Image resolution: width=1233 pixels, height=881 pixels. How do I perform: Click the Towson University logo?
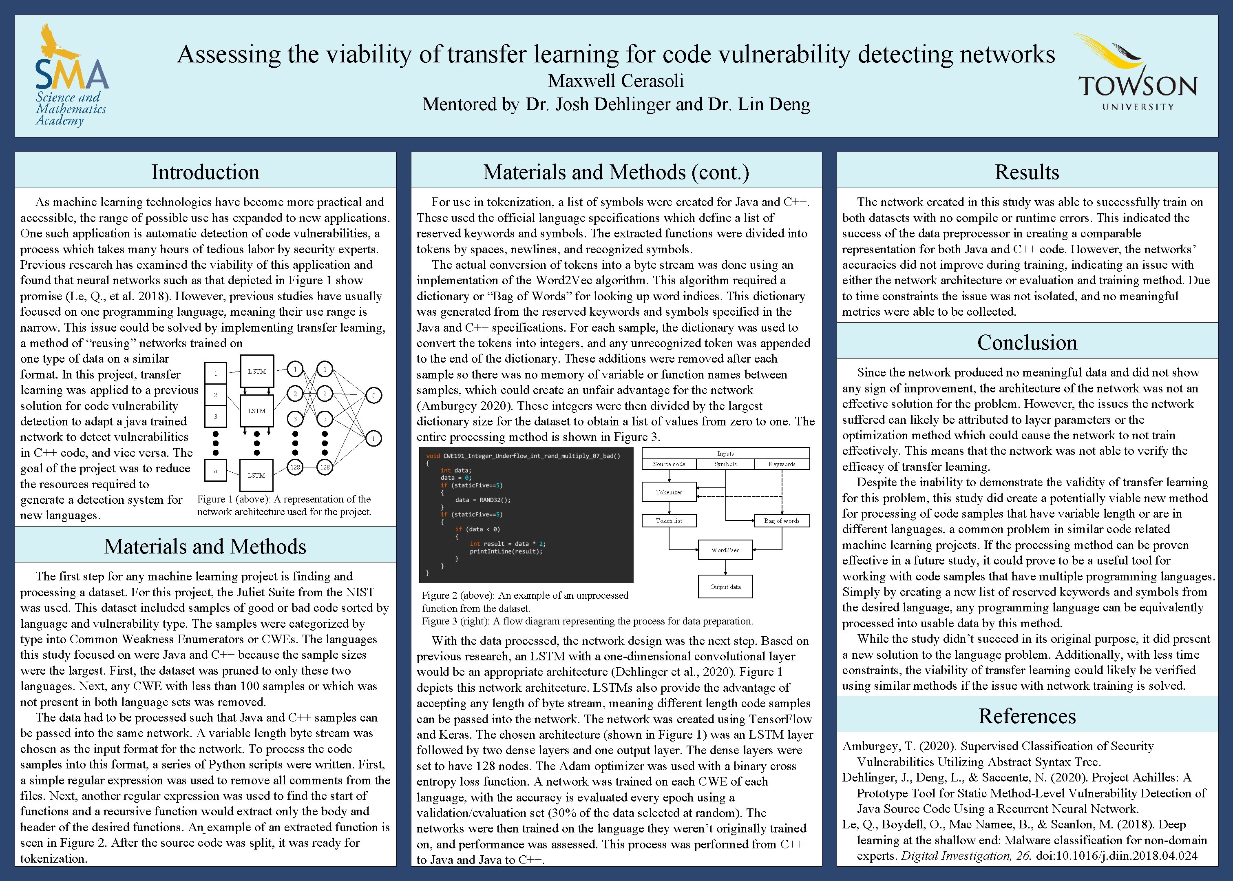coord(1137,73)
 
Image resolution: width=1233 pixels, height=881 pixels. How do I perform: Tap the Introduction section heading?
coord(205,172)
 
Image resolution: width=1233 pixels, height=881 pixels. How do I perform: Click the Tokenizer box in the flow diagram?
coord(669,492)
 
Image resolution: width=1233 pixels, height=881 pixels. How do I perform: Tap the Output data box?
coord(725,587)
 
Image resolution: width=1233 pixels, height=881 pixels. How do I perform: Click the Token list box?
coord(669,521)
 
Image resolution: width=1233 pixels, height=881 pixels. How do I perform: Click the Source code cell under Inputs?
coord(669,465)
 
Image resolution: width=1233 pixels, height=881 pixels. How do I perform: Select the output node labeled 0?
coord(373,396)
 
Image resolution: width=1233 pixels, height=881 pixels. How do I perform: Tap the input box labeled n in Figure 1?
coord(215,470)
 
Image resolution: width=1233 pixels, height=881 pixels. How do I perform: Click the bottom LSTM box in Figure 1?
coord(256,475)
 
